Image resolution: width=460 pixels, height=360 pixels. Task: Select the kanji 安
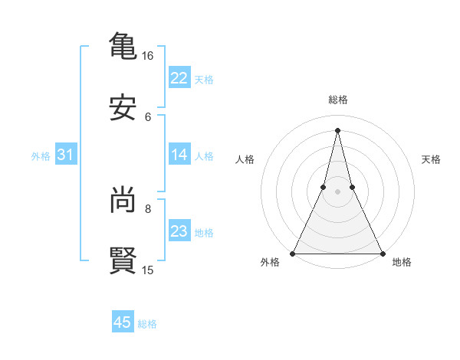[123, 108]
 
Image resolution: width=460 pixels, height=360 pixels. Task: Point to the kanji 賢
[123, 260]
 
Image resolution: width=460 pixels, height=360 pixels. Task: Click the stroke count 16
[148, 56]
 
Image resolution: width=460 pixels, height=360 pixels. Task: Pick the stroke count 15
[148, 270]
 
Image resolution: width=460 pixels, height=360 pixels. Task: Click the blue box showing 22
[179, 78]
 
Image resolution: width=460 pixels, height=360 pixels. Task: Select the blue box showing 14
[179, 155]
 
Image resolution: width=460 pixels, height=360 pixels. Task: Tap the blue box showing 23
[179, 231]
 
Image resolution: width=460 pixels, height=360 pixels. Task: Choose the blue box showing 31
[65, 155]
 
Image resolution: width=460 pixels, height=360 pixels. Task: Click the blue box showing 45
[123, 322]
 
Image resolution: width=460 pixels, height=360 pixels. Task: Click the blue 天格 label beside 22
[204, 79]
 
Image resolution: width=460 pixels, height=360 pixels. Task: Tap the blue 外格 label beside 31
[41, 155]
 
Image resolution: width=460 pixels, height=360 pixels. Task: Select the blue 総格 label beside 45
[147, 323]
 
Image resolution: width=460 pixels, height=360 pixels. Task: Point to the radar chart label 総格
[338, 100]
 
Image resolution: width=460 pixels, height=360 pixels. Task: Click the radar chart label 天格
[432, 159]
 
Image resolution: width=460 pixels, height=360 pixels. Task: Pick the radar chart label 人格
[245, 159]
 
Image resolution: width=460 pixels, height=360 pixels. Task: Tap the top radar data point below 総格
[337, 129]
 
